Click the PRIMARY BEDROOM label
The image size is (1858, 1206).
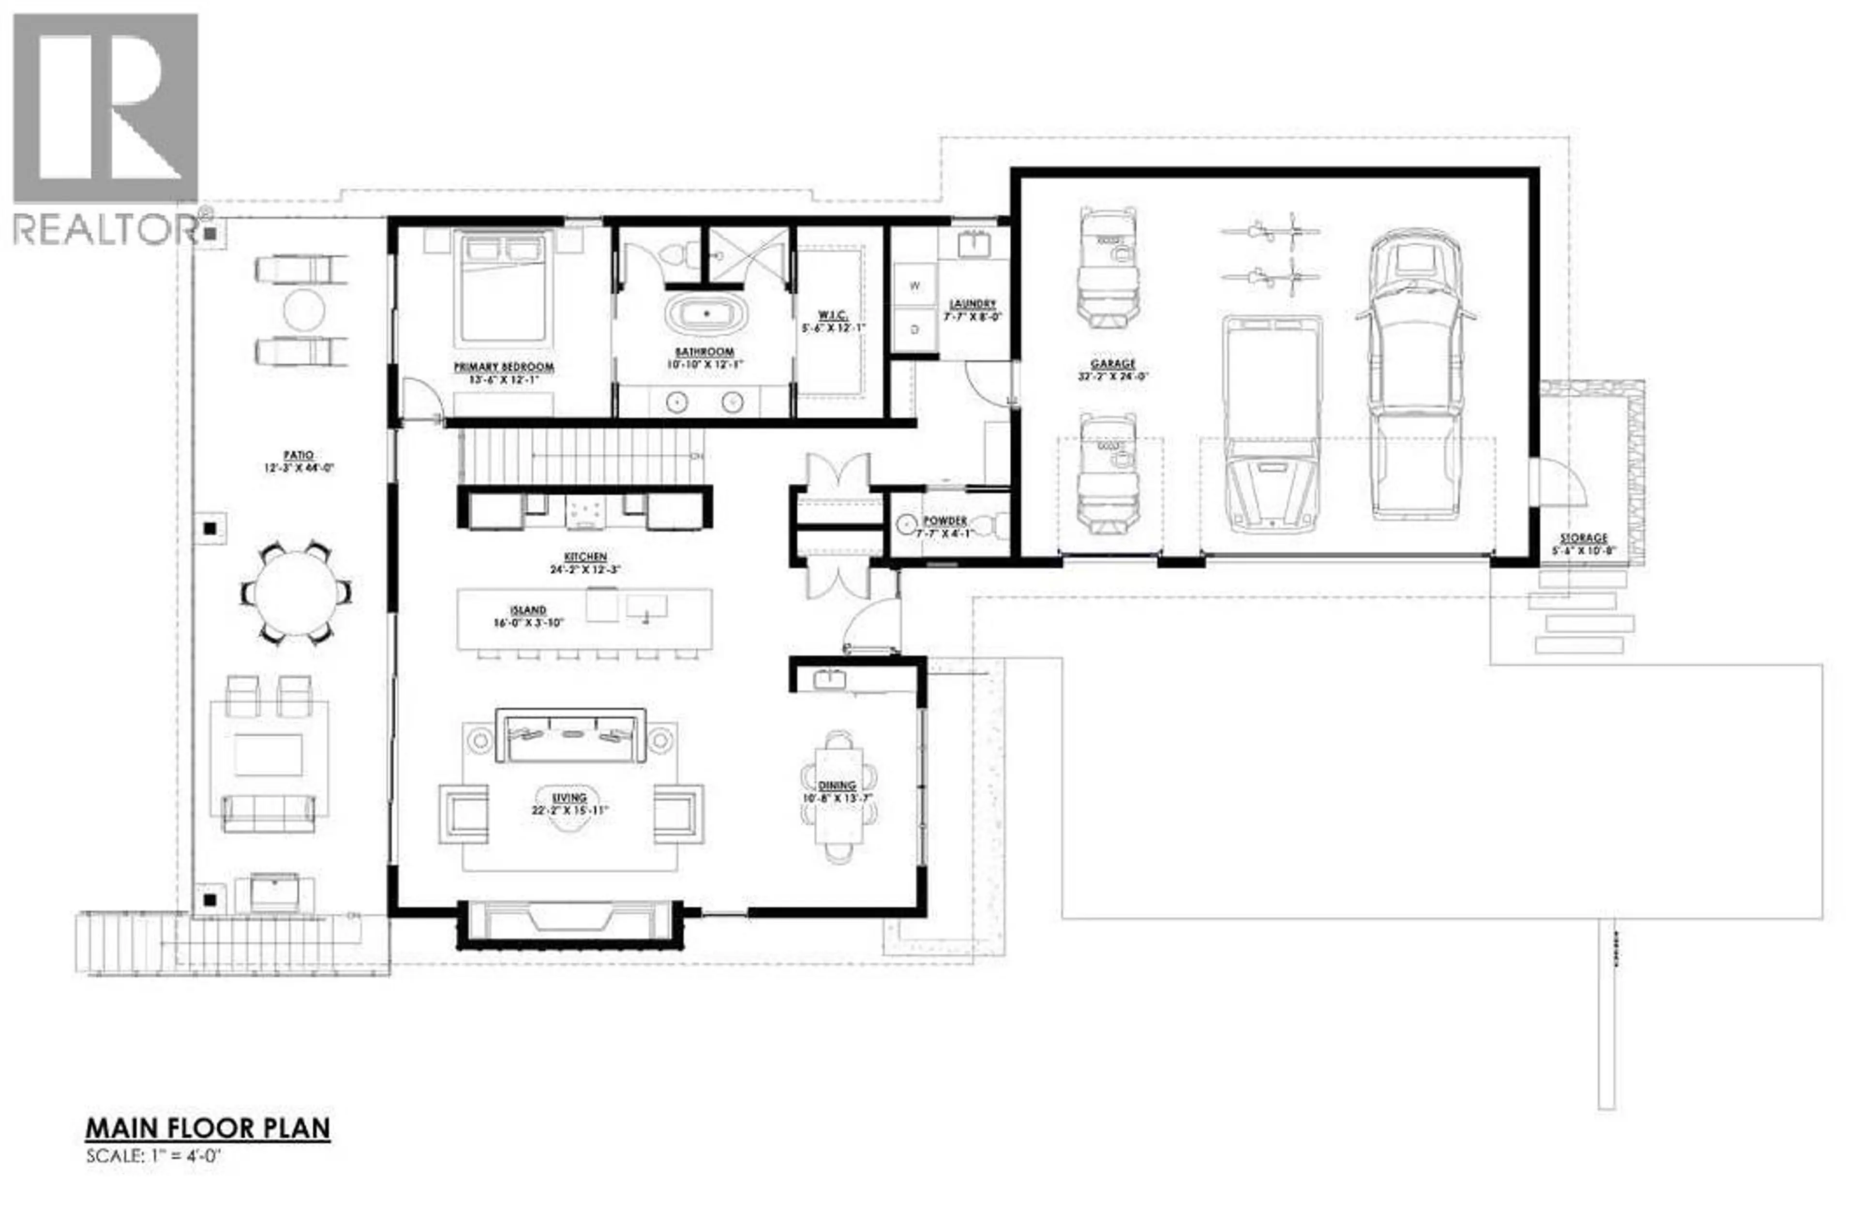pyautogui.click(x=504, y=366)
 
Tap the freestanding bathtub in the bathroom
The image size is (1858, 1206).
pyautogui.click(x=706, y=314)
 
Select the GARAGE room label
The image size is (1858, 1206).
pyautogui.click(x=1112, y=364)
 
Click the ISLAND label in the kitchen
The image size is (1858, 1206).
pyautogui.click(x=528, y=610)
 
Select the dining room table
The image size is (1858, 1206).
pyautogui.click(x=839, y=796)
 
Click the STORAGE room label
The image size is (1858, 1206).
pyautogui.click(x=1583, y=538)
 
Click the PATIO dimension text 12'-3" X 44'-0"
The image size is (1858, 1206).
pyautogui.click(x=299, y=468)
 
